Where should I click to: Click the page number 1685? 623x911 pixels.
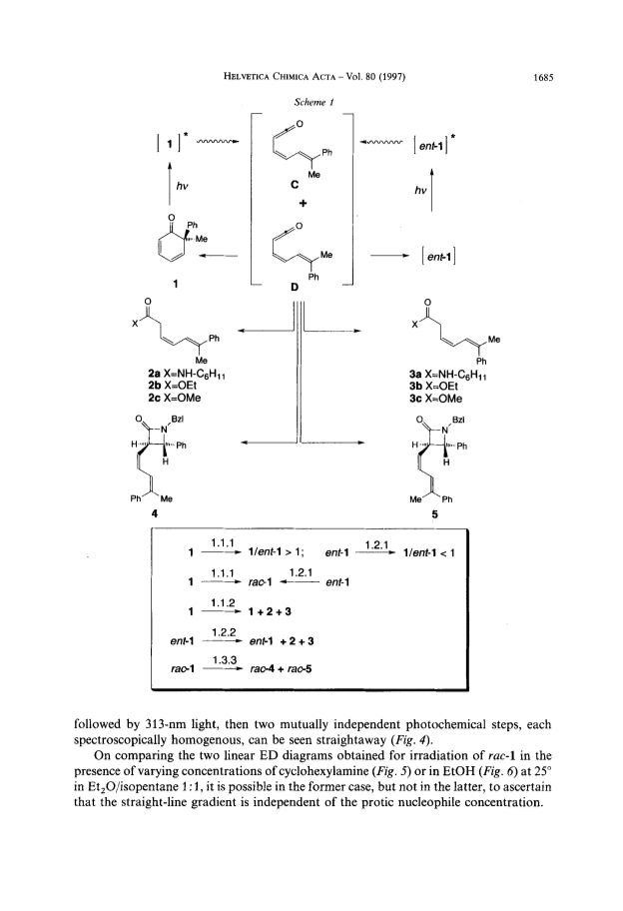(543, 77)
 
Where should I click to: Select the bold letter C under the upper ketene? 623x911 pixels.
(295, 185)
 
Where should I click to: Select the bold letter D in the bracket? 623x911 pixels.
(294, 288)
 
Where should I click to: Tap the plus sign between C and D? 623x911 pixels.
(304, 204)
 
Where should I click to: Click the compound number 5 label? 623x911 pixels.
(435, 514)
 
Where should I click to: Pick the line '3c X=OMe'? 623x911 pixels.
(435, 399)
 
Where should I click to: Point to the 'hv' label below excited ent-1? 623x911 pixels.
(420, 190)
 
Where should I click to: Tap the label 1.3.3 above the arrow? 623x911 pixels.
(223, 660)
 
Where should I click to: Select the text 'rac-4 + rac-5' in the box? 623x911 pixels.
(281, 668)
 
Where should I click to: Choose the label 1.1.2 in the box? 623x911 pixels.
(223, 602)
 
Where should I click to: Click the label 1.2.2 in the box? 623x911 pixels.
(223, 632)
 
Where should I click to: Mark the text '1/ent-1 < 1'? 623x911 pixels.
(429, 553)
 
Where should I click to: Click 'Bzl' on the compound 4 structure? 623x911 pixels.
(177, 419)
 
